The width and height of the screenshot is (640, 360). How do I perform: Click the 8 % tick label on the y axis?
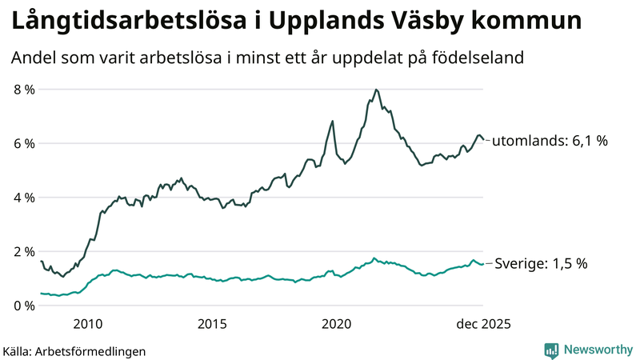pyautogui.click(x=23, y=90)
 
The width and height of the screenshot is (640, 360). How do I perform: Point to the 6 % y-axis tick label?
pyautogui.click(x=23, y=143)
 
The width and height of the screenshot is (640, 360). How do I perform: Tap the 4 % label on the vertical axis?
pyautogui.click(x=23, y=198)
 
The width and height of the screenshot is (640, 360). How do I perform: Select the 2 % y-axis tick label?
pyautogui.click(x=23, y=251)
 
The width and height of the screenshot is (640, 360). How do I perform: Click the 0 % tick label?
pyautogui.click(x=23, y=306)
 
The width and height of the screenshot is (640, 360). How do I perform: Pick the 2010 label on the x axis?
pyautogui.click(x=87, y=324)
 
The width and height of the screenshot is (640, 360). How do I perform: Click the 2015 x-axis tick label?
pyautogui.click(x=212, y=324)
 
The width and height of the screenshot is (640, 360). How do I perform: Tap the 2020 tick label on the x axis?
pyautogui.click(x=336, y=324)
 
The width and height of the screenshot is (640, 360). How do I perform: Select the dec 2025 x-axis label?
pyautogui.click(x=482, y=324)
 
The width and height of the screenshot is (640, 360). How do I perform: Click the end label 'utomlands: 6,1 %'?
pyautogui.click(x=550, y=141)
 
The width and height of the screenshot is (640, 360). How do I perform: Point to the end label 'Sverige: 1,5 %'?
pyautogui.click(x=541, y=263)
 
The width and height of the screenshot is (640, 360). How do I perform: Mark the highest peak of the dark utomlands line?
pyautogui.click(x=376, y=90)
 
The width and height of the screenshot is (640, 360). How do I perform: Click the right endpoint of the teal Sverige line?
pyautogui.click(x=483, y=264)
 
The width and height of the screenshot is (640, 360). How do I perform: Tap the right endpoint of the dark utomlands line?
pyautogui.click(x=483, y=140)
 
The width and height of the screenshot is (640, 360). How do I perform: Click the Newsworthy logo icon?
pyautogui.click(x=551, y=350)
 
